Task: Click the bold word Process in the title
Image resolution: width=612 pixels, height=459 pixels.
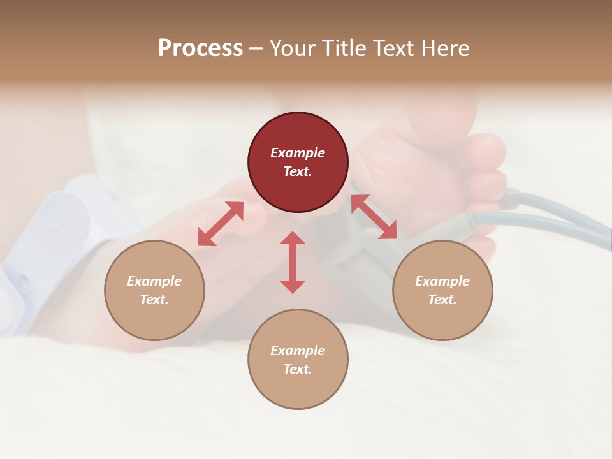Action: pyautogui.click(x=200, y=48)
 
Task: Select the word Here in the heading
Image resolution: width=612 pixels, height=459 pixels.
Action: pyautogui.click(x=445, y=48)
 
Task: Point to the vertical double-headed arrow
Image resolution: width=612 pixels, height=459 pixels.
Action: pyautogui.click(x=293, y=262)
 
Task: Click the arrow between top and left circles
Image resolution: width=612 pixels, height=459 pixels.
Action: pyautogui.click(x=221, y=224)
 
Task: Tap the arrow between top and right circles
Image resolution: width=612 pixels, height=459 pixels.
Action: pyautogui.click(x=374, y=217)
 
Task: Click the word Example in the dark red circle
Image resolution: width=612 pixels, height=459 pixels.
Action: pyautogui.click(x=298, y=153)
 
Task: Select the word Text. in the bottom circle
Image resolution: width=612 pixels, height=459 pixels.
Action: pyautogui.click(x=298, y=369)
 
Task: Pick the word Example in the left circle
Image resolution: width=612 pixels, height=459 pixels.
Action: pyautogui.click(x=154, y=281)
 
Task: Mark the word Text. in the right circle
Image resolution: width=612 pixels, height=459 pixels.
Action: pyautogui.click(x=442, y=300)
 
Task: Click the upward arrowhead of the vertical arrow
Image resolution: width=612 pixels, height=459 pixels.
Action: pyautogui.click(x=293, y=238)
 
